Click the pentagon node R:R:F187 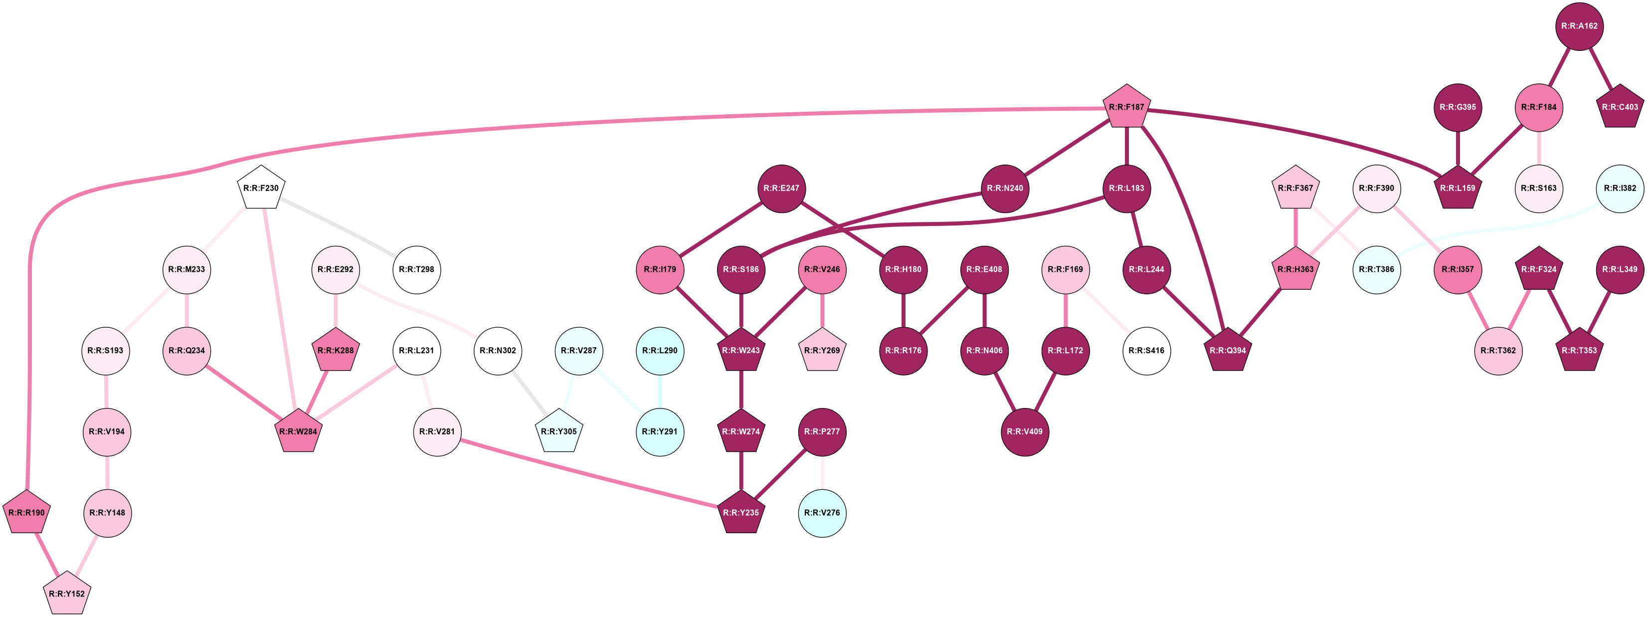click(x=1126, y=107)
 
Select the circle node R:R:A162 click(x=1579, y=26)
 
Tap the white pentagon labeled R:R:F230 click(x=261, y=188)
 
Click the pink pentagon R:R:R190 click(x=27, y=512)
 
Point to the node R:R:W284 click(x=299, y=431)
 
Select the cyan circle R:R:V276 click(x=822, y=512)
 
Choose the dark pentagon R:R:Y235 click(x=741, y=512)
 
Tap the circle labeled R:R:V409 click(x=1025, y=431)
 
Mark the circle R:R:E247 click(x=781, y=188)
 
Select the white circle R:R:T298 click(x=417, y=269)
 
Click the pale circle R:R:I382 click(x=1620, y=188)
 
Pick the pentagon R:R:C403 click(x=1620, y=107)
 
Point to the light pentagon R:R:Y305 click(x=559, y=431)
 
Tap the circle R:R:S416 click(x=1147, y=351)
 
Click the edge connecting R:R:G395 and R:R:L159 click(x=1458, y=148)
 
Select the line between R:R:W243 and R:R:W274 click(x=741, y=391)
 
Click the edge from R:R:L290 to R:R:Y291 click(x=660, y=391)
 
